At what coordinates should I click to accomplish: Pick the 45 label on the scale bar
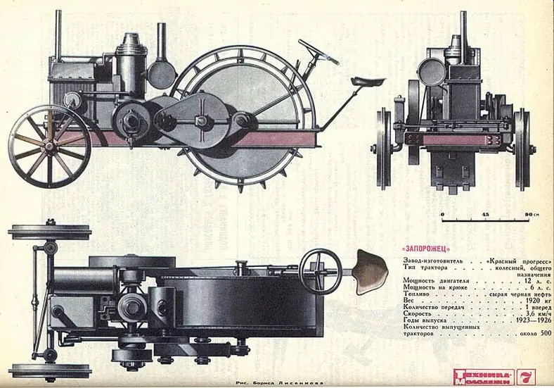pos(485,213)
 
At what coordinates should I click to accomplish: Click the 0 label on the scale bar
pos(443,213)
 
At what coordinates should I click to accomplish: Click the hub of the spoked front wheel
pos(49,146)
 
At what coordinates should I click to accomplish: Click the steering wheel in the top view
pos(320,268)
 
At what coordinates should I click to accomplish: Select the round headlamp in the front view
pos(430,72)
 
